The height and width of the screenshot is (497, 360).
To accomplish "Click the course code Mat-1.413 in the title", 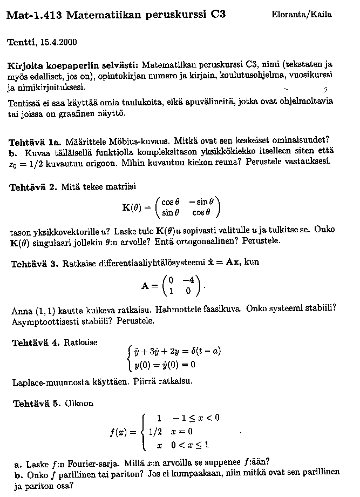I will pos(33,15).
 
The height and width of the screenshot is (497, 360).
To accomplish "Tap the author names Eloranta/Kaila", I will pos(302,15).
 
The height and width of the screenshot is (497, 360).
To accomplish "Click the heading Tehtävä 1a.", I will pos(33,142).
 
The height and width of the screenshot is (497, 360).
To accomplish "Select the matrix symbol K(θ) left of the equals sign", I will pos(135,207).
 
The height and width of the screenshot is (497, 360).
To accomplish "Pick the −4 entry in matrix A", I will pos(188,280).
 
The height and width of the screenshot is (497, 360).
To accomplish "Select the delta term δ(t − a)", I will pos(206,352).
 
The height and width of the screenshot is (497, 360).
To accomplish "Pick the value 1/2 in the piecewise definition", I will pos(155,431).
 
